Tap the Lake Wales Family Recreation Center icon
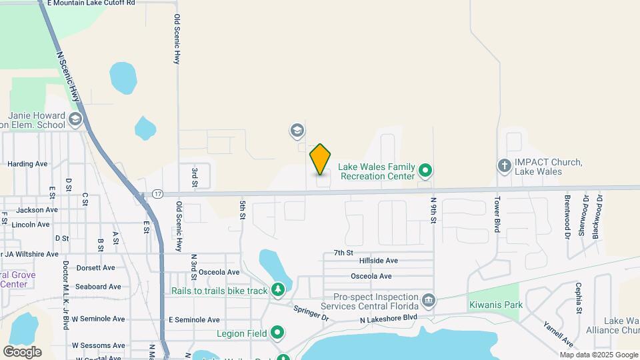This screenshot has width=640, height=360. (x=425, y=172)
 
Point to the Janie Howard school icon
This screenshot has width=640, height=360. (x=75, y=120)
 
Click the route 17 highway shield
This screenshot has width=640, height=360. (x=157, y=194)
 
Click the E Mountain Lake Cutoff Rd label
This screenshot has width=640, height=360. (x=93, y=3)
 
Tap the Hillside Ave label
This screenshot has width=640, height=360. (x=378, y=261)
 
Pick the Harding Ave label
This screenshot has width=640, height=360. (x=27, y=163)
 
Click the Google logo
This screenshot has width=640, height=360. (x=22, y=351)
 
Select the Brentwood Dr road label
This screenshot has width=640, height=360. (x=567, y=217)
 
